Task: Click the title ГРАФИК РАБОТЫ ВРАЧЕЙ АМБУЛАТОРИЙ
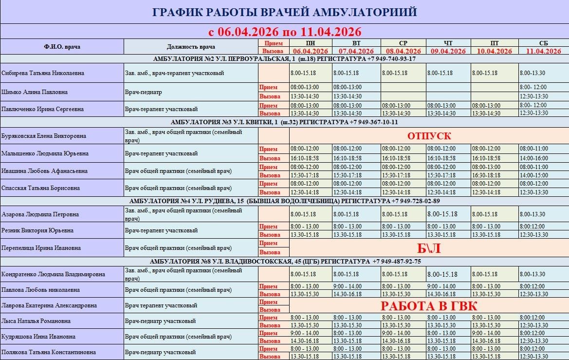(x=284, y=12)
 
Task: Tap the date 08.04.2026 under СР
(x=403, y=51)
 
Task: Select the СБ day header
(x=543, y=43)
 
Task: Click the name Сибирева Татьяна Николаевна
(x=43, y=73)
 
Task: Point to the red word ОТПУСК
(x=429, y=136)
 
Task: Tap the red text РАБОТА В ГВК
(x=429, y=305)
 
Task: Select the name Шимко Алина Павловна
(x=35, y=92)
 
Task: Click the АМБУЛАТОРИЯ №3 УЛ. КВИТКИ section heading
(x=284, y=122)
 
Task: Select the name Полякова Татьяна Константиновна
(x=49, y=352)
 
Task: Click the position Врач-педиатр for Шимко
(x=144, y=92)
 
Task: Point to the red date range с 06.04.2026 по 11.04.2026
(x=284, y=32)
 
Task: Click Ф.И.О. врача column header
(x=62, y=47)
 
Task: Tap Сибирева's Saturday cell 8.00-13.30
(x=532, y=73)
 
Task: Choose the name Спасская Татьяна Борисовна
(x=40, y=188)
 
